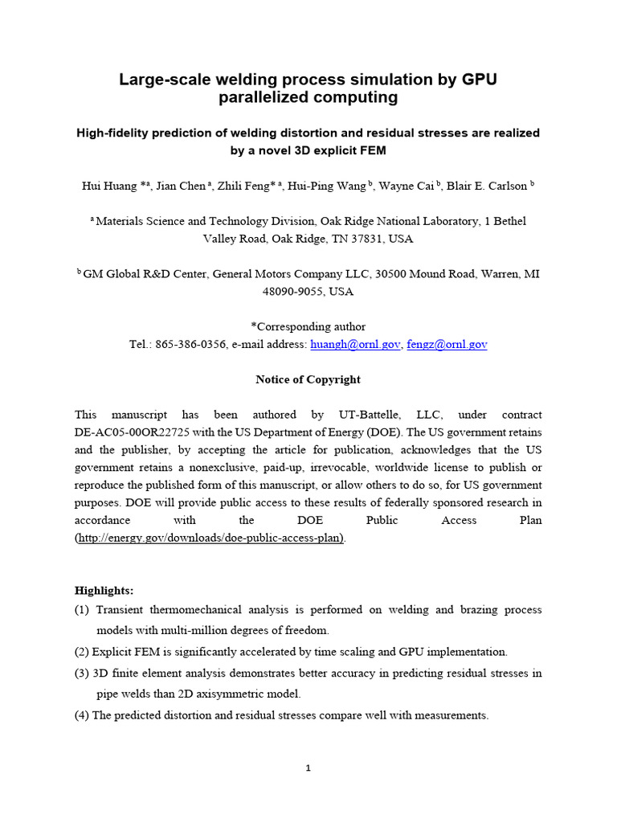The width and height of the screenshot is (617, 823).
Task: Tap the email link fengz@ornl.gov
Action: [447, 344]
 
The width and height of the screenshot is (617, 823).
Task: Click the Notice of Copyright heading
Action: [308, 379]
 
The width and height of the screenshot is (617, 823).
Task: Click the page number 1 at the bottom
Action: [308, 768]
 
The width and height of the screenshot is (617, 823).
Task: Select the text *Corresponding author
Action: [308, 326]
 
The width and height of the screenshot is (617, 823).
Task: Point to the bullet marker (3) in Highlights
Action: [82, 673]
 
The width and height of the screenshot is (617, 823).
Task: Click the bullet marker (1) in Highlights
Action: [82, 610]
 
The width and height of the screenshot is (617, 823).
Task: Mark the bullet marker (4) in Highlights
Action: [82, 714]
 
